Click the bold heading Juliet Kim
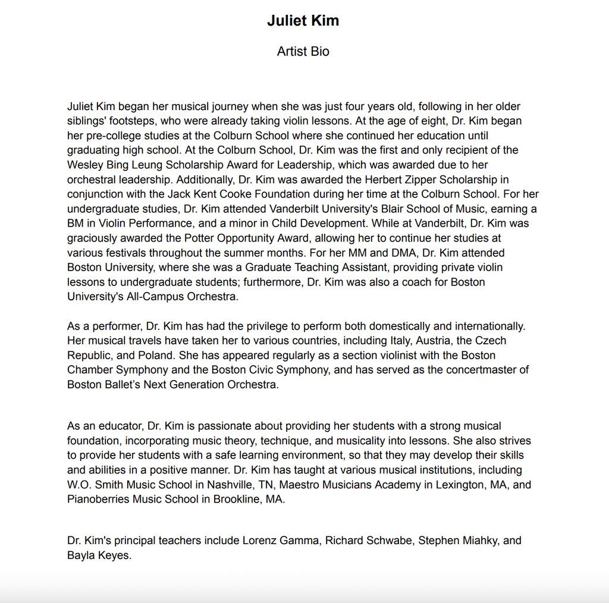pos(303,21)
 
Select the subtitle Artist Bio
pos(303,52)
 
